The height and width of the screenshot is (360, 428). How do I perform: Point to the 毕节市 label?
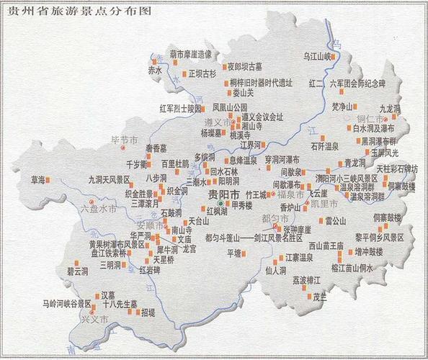[x=121, y=138]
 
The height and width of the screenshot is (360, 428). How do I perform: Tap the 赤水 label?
[x=155, y=71]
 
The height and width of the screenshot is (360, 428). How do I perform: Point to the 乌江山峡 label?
[x=316, y=55]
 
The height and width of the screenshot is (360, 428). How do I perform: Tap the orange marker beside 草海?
[x=48, y=179]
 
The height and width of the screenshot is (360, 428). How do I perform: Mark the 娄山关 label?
[x=241, y=93]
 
